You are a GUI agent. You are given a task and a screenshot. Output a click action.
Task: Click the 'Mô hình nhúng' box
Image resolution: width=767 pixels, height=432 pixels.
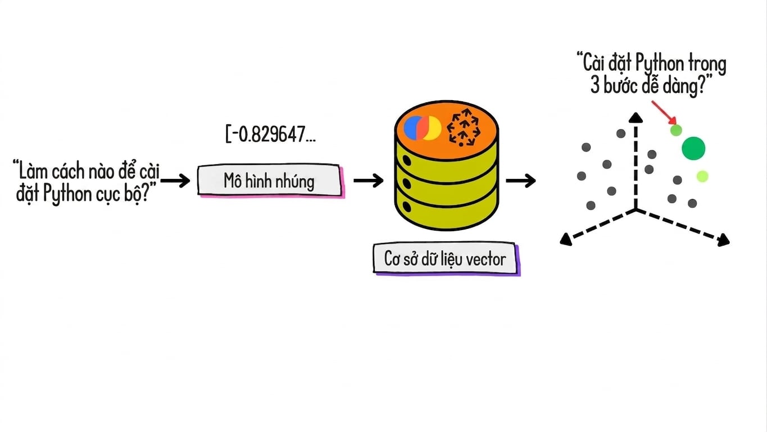(x=270, y=181)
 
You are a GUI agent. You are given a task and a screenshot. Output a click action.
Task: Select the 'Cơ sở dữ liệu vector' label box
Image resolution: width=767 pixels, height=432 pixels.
(x=446, y=259)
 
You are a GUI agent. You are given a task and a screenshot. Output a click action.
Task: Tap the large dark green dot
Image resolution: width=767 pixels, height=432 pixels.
(x=693, y=148)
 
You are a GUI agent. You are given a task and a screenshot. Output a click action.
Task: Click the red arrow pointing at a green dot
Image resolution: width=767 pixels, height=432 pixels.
(x=664, y=112)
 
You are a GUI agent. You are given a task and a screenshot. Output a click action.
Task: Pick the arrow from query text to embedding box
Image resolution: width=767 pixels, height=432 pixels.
(x=175, y=181)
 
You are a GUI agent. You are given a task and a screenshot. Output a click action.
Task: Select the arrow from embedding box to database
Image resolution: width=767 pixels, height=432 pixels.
(x=369, y=181)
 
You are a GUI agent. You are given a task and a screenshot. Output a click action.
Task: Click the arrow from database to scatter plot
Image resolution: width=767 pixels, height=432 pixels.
(x=521, y=181)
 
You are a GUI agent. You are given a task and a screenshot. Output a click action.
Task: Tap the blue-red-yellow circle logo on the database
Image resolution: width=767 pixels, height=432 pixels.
(x=422, y=128)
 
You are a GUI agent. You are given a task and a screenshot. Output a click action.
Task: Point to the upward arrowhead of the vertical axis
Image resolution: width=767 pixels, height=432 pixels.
(x=636, y=118)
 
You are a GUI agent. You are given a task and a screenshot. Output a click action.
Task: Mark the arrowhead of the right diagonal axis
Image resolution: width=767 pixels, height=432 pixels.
(x=723, y=240)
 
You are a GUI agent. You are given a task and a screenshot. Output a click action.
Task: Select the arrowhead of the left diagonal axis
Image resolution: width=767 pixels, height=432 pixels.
(x=566, y=239)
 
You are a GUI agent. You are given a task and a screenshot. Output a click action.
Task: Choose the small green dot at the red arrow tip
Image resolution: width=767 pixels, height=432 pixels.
(x=676, y=130)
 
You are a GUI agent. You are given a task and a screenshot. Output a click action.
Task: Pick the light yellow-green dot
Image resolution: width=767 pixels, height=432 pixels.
(x=702, y=176)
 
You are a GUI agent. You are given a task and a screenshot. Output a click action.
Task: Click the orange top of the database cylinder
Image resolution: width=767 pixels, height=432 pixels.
(x=446, y=130)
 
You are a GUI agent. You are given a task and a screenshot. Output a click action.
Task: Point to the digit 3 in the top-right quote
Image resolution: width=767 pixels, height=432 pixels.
(x=595, y=85)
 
